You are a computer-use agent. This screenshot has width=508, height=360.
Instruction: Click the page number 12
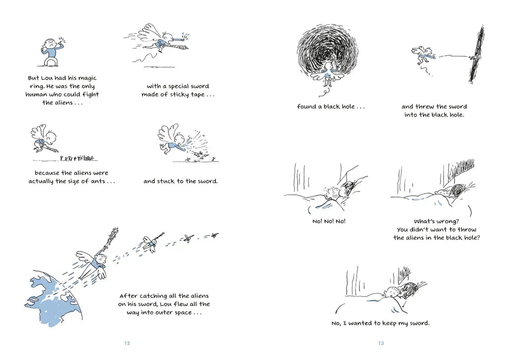(x=127, y=343)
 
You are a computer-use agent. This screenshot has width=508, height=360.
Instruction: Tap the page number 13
(x=381, y=343)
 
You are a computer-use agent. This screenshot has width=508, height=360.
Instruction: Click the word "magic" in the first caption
(x=88, y=78)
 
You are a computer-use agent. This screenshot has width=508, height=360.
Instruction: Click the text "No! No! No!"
(x=329, y=221)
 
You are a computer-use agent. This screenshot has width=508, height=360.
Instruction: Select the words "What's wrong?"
(x=437, y=221)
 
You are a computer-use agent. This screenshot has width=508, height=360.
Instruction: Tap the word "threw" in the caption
(x=425, y=106)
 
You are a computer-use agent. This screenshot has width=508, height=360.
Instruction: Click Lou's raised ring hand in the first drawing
(x=62, y=42)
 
